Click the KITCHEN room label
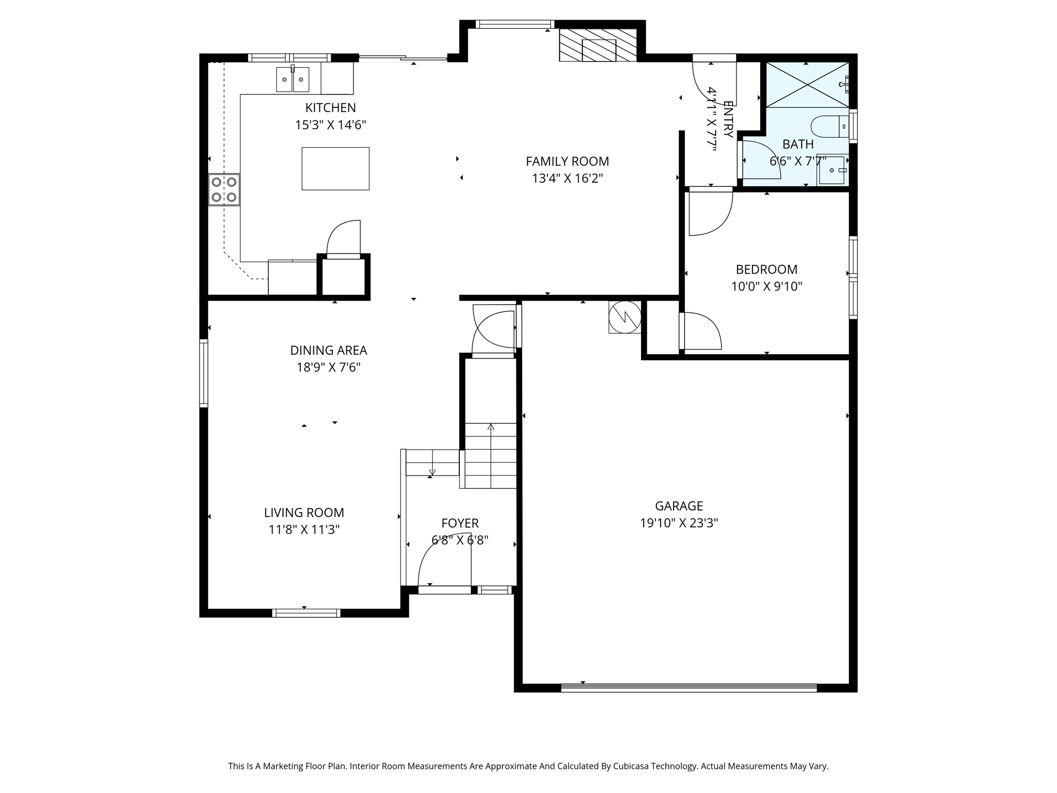click(330, 108)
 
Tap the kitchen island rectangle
click(335, 168)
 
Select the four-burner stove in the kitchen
click(224, 189)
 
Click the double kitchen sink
click(293, 80)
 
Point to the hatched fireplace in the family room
click(598, 45)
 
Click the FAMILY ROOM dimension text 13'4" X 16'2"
click(567, 179)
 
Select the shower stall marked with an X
click(807, 85)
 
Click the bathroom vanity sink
click(832, 170)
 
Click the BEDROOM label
click(766, 269)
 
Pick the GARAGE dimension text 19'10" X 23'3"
click(679, 523)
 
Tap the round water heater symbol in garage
click(624, 316)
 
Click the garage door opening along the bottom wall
click(688, 688)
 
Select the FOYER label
click(460, 524)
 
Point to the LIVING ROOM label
click(304, 513)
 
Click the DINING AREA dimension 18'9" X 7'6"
click(328, 368)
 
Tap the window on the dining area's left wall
click(204, 373)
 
